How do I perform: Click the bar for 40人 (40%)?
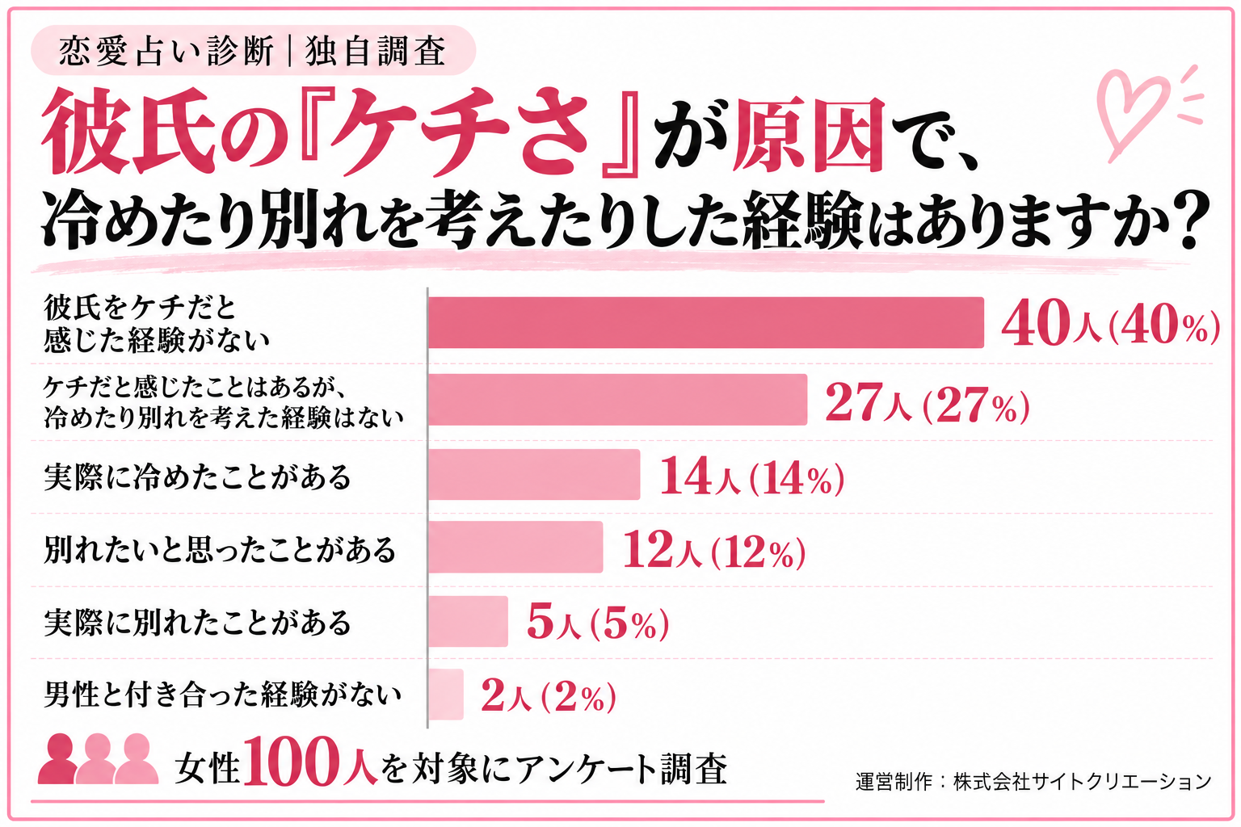pyautogui.click(x=706, y=322)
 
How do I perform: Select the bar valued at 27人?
pyautogui.click(x=617, y=400)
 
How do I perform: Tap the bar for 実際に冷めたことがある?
pyautogui.click(x=533, y=474)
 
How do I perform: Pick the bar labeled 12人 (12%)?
pyautogui.click(x=515, y=547)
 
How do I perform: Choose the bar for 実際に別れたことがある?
pyautogui.click(x=468, y=621)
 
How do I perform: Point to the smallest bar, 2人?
pyautogui.click(x=445, y=694)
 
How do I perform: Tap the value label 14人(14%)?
pyautogui.click(x=752, y=476)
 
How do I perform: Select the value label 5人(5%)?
pyautogui.click(x=598, y=623)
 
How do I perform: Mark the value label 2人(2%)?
pyautogui.click(x=549, y=695)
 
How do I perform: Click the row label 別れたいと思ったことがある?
pyautogui.click(x=220, y=549)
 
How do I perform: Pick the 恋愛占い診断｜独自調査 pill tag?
pyautogui.click(x=253, y=50)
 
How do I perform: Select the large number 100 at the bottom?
pyautogui.click(x=291, y=762)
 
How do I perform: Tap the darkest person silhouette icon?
pyautogui.click(x=57, y=758)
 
